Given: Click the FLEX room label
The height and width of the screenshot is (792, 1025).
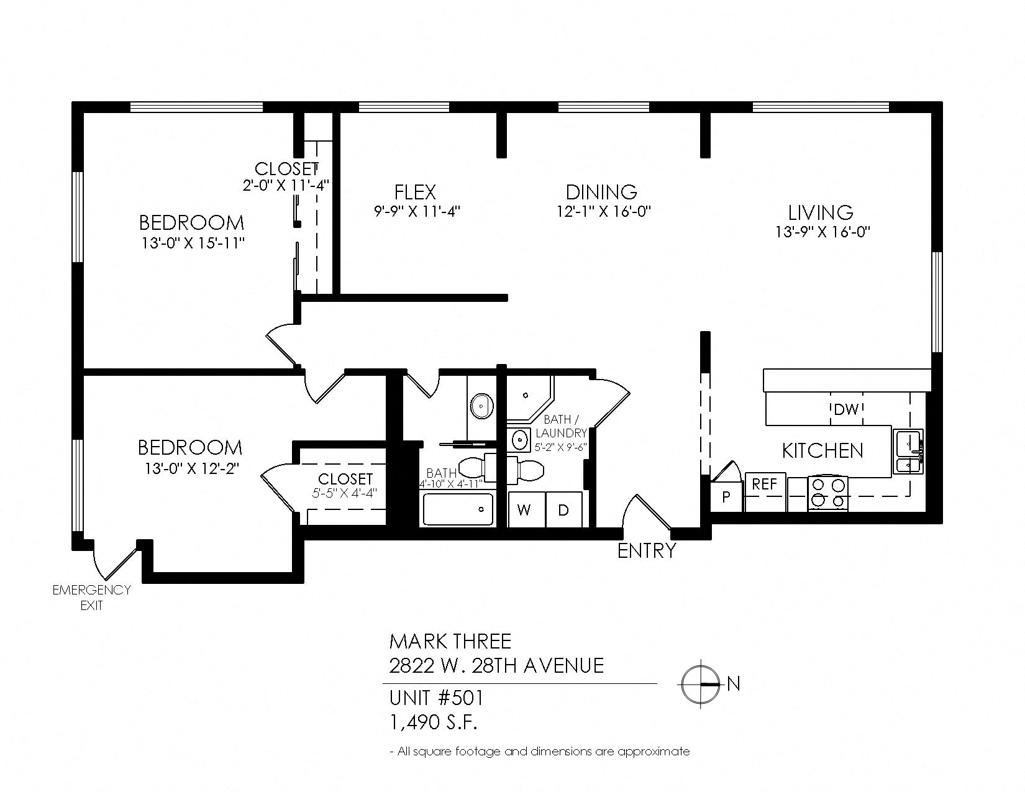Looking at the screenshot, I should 415,192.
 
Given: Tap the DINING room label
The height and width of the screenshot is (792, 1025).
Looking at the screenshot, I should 601,192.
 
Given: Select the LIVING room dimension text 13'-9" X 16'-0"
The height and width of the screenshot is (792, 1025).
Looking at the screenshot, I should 821,232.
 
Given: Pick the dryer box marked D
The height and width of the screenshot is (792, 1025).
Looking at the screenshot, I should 563,510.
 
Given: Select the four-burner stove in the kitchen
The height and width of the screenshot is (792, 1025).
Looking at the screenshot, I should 827,493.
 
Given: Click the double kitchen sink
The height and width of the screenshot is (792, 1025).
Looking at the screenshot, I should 908,452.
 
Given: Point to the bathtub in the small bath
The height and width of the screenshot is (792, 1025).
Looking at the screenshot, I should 458,509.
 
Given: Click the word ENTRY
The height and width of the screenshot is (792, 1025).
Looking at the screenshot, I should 646,550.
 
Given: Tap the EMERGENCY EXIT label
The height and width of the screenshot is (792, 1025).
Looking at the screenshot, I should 91,597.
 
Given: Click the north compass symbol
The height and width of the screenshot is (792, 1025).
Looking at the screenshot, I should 701,683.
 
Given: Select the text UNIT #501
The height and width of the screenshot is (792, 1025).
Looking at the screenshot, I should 435,698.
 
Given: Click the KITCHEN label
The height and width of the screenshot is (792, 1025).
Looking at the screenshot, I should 822,450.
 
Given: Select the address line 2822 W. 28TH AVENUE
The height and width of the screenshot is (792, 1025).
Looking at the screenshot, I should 496,666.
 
